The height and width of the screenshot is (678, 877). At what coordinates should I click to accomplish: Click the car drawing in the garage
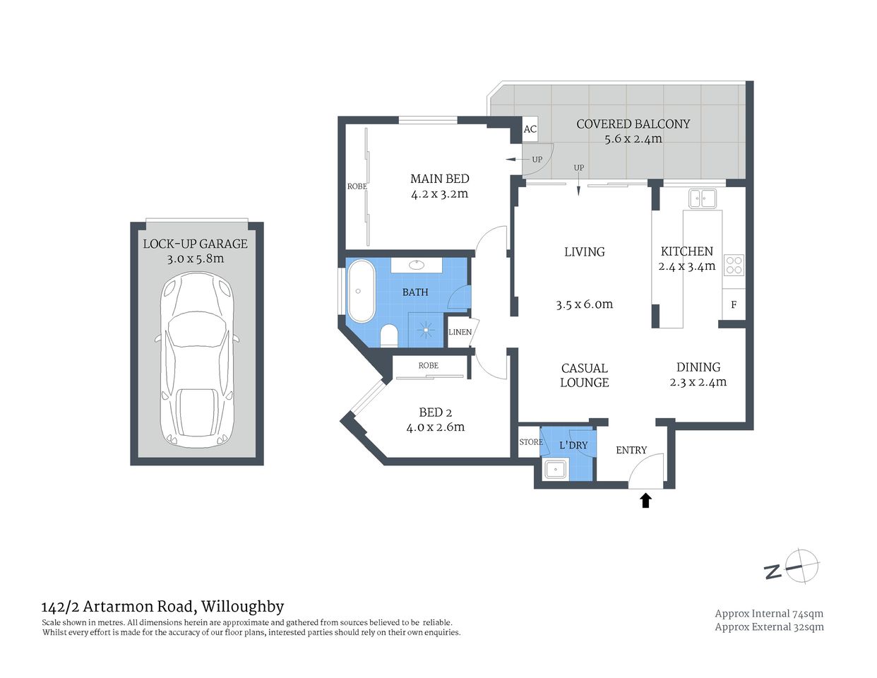tap(196, 359)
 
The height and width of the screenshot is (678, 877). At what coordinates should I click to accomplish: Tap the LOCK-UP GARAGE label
tap(196, 244)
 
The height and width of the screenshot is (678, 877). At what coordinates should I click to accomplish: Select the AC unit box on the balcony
tap(530, 129)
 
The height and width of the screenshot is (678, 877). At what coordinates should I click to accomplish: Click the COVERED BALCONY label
tap(633, 124)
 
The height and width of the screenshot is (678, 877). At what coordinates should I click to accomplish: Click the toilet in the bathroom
tap(389, 335)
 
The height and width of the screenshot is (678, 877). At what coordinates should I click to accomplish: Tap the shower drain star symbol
tap(426, 329)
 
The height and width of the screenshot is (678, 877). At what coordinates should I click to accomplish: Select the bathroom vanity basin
tap(417, 265)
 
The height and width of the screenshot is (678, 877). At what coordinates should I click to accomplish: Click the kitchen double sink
tap(703, 198)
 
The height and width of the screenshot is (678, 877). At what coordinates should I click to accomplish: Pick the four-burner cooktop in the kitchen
tap(734, 265)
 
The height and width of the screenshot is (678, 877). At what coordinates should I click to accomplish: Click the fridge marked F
tap(734, 305)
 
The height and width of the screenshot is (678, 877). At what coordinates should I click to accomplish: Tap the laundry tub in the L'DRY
tap(556, 468)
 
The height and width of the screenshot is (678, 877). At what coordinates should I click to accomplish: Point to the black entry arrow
tap(645, 501)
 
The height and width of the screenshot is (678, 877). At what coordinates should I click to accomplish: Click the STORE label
tap(531, 442)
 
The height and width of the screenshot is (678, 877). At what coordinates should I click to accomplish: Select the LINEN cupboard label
tap(460, 332)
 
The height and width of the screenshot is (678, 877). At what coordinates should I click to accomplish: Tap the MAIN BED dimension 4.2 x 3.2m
tap(439, 194)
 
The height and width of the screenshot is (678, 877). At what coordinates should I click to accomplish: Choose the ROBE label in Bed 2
tap(428, 366)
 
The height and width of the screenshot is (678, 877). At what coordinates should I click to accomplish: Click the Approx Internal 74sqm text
tap(769, 614)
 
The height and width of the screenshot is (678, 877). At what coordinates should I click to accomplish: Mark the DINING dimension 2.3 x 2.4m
tap(698, 382)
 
